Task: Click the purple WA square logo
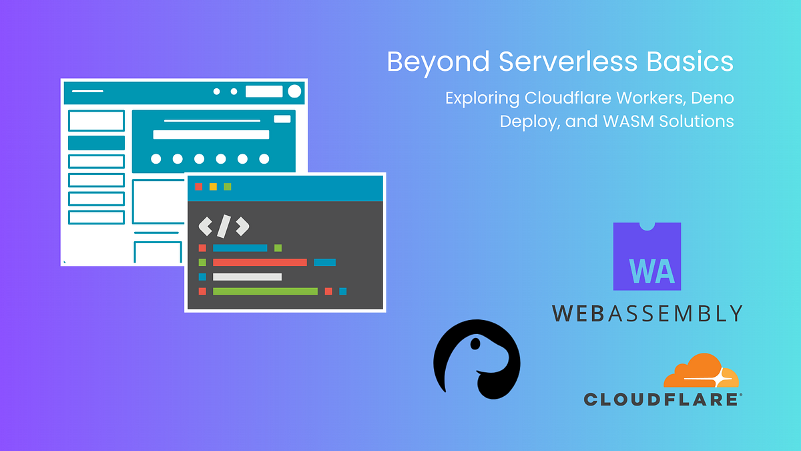pyautogui.click(x=647, y=257)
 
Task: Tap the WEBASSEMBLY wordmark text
pyautogui.click(x=647, y=313)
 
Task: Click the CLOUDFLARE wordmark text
pyautogui.click(x=661, y=400)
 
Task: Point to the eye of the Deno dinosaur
pyautogui.click(x=474, y=345)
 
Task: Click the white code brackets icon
pyautogui.click(x=224, y=227)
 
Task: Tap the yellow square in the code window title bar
pyautogui.click(x=213, y=186)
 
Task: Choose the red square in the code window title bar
pyautogui.click(x=198, y=186)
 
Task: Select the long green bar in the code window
pyautogui.click(x=265, y=291)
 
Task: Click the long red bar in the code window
pyautogui.click(x=260, y=263)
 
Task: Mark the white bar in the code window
pyautogui.click(x=247, y=277)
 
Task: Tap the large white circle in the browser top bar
pyautogui.click(x=294, y=92)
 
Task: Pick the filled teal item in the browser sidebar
pyautogui.click(x=96, y=143)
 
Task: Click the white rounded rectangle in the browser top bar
pyautogui.click(x=264, y=92)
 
